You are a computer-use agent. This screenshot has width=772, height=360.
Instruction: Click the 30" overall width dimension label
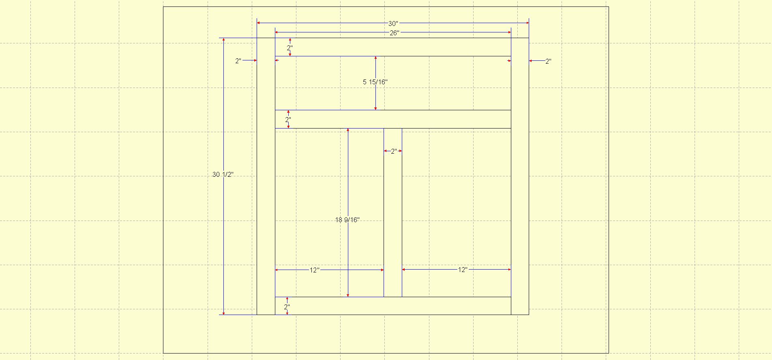[393, 24]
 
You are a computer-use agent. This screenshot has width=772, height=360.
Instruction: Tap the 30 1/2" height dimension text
[223, 175]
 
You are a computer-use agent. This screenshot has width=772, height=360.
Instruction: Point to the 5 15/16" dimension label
[375, 82]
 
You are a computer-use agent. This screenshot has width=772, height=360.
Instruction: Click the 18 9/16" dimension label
[347, 220]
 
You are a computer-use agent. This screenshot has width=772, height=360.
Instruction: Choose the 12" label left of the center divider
[315, 270]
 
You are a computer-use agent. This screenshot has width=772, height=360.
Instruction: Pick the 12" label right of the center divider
[463, 270]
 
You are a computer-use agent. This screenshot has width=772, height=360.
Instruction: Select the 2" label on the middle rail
[288, 120]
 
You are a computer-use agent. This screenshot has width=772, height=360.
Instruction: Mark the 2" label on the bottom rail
[287, 307]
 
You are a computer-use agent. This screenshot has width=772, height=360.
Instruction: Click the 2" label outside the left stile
[238, 61]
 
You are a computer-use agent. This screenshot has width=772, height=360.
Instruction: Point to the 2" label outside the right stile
[548, 62]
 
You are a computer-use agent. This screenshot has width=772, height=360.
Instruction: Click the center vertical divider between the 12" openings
[393, 212]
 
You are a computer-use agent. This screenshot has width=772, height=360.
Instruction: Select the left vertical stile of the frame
[266, 176]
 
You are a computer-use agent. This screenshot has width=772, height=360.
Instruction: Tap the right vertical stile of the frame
[520, 176]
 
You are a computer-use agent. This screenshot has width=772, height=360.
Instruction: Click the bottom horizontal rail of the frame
[393, 306]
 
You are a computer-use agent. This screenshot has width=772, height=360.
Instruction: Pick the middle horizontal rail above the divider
[393, 119]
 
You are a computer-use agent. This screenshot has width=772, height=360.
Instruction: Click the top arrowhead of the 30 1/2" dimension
[223, 40]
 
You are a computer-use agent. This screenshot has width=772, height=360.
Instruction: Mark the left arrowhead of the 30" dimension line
[259, 23]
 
